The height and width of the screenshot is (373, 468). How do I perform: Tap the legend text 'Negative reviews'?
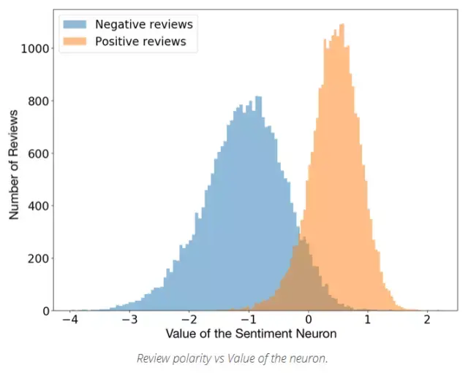tap(138, 24)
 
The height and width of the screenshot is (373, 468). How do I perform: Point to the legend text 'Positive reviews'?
tap(140, 42)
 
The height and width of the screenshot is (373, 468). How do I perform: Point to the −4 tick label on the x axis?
tap(69, 320)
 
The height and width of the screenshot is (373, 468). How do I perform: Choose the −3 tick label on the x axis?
tap(128, 320)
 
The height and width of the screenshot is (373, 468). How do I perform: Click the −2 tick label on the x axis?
tap(188, 320)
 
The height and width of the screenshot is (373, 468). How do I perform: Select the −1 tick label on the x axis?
tap(248, 320)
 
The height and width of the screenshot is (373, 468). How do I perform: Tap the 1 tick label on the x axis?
tap(368, 320)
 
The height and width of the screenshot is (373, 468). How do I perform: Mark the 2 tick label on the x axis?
tap(427, 320)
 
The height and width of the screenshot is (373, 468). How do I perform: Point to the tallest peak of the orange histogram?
tap(341, 26)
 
